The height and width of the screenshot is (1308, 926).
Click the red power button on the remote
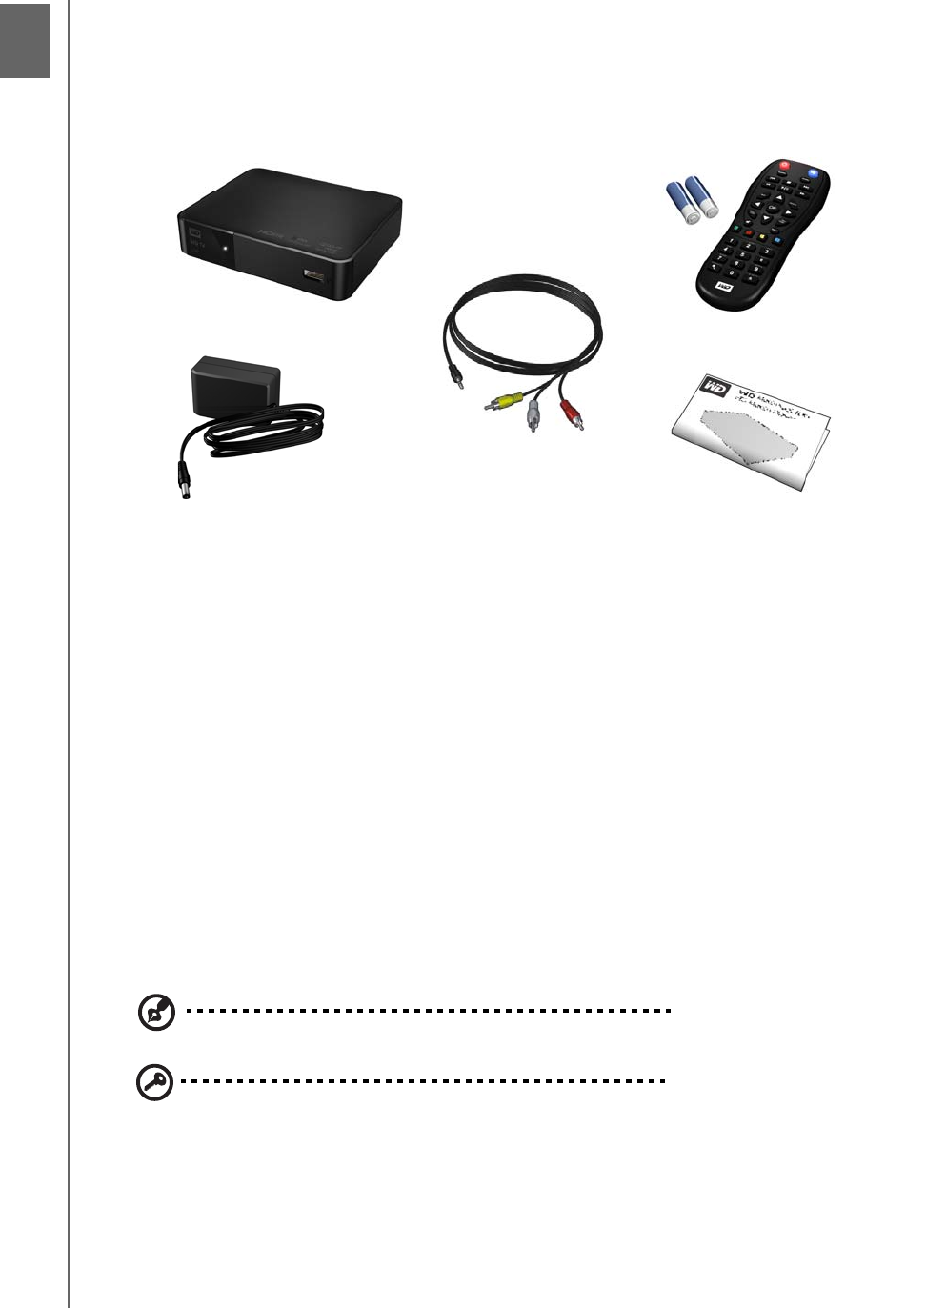[x=784, y=166]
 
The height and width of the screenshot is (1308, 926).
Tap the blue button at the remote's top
[x=813, y=174]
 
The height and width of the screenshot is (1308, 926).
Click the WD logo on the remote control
[x=724, y=284]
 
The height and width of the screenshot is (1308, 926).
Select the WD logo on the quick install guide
[x=715, y=386]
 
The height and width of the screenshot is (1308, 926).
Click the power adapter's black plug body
[x=235, y=383]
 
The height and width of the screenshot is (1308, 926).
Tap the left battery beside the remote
[x=682, y=202]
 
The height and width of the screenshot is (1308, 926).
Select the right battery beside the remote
[x=703, y=195]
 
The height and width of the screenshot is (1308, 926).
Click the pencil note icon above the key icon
[x=156, y=1013]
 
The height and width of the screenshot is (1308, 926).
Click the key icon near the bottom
[x=155, y=1082]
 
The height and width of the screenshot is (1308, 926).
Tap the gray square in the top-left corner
[x=25, y=39]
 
